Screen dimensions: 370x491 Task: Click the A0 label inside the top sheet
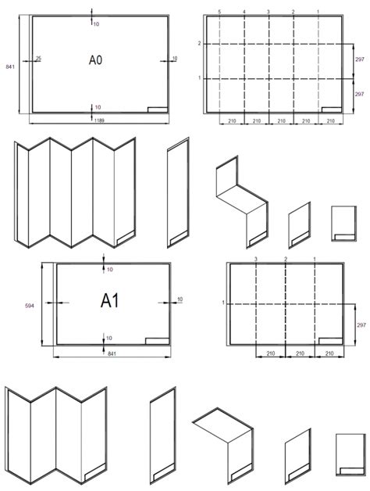click(x=95, y=59)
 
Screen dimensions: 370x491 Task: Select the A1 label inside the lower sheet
click(x=110, y=301)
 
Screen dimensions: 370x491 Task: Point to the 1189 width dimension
click(x=99, y=120)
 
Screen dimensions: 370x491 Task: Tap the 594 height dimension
click(x=29, y=306)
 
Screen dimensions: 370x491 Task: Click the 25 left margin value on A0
click(x=38, y=58)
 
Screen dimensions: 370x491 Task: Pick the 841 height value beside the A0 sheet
click(x=10, y=66)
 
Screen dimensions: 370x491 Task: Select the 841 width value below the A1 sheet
click(x=112, y=353)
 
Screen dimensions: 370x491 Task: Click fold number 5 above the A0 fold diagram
click(x=219, y=12)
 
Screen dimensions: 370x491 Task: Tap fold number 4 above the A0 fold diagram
click(x=244, y=12)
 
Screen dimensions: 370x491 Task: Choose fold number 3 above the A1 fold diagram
click(x=256, y=259)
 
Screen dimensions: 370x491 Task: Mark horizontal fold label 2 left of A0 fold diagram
click(x=199, y=44)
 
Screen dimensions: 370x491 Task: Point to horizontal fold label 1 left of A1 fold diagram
click(x=223, y=303)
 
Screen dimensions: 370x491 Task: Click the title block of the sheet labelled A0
click(x=158, y=109)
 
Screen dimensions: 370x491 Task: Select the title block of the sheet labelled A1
click(x=158, y=341)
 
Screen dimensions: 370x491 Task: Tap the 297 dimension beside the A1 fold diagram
click(x=361, y=325)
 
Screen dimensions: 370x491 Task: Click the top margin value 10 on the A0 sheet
click(x=96, y=23)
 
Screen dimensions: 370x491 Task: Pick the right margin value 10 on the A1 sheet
click(x=180, y=299)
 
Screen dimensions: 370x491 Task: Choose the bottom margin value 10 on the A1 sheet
click(x=109, y=338)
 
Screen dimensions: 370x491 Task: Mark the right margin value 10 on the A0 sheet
click(x=175, y=58)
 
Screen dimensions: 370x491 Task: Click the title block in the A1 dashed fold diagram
click(x=331, y=341)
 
